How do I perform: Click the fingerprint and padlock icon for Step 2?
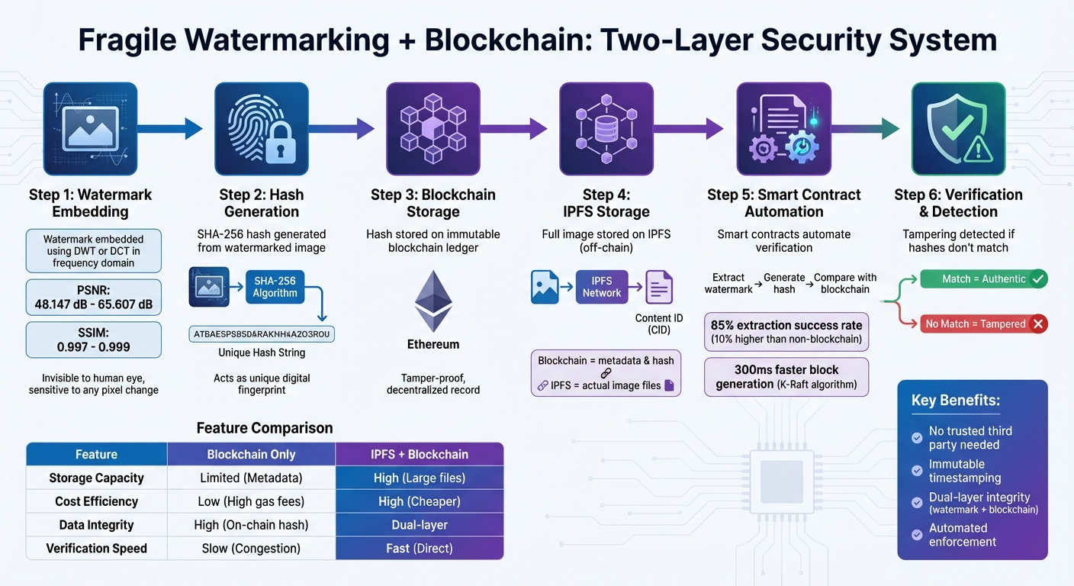pyautogui.click(x=261, y=129)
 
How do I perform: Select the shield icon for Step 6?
pyautogui.click(x=958, y=129)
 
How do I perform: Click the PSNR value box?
pyautogui.click(x=94, y=297)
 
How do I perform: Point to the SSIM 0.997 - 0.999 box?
pyautogui.click(x=94, y=340)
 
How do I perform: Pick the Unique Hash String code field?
pyautogui.click(x=262, y=333)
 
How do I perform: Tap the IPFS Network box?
pyautogui.click(x=602, y=287)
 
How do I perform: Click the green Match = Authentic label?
pyautogui.click(x=984, y=279)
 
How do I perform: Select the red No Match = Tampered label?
pyautogui.click(x=984, y=324)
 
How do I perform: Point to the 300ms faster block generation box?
pyautogui.click(x=786, y=377)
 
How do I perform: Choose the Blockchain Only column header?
pyautogui.click(x=251, y=455)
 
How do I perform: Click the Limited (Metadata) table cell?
pyautogui.click(x=251, y=478)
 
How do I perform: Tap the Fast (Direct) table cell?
pyautogui.click(x=419, y=549)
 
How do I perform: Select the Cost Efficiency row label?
pyautogui.click(x=96, y=502)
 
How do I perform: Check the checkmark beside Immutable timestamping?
pyautogui.click(x=917, y=471)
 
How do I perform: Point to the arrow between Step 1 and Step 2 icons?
pyautogui.click(x=171, y=128)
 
